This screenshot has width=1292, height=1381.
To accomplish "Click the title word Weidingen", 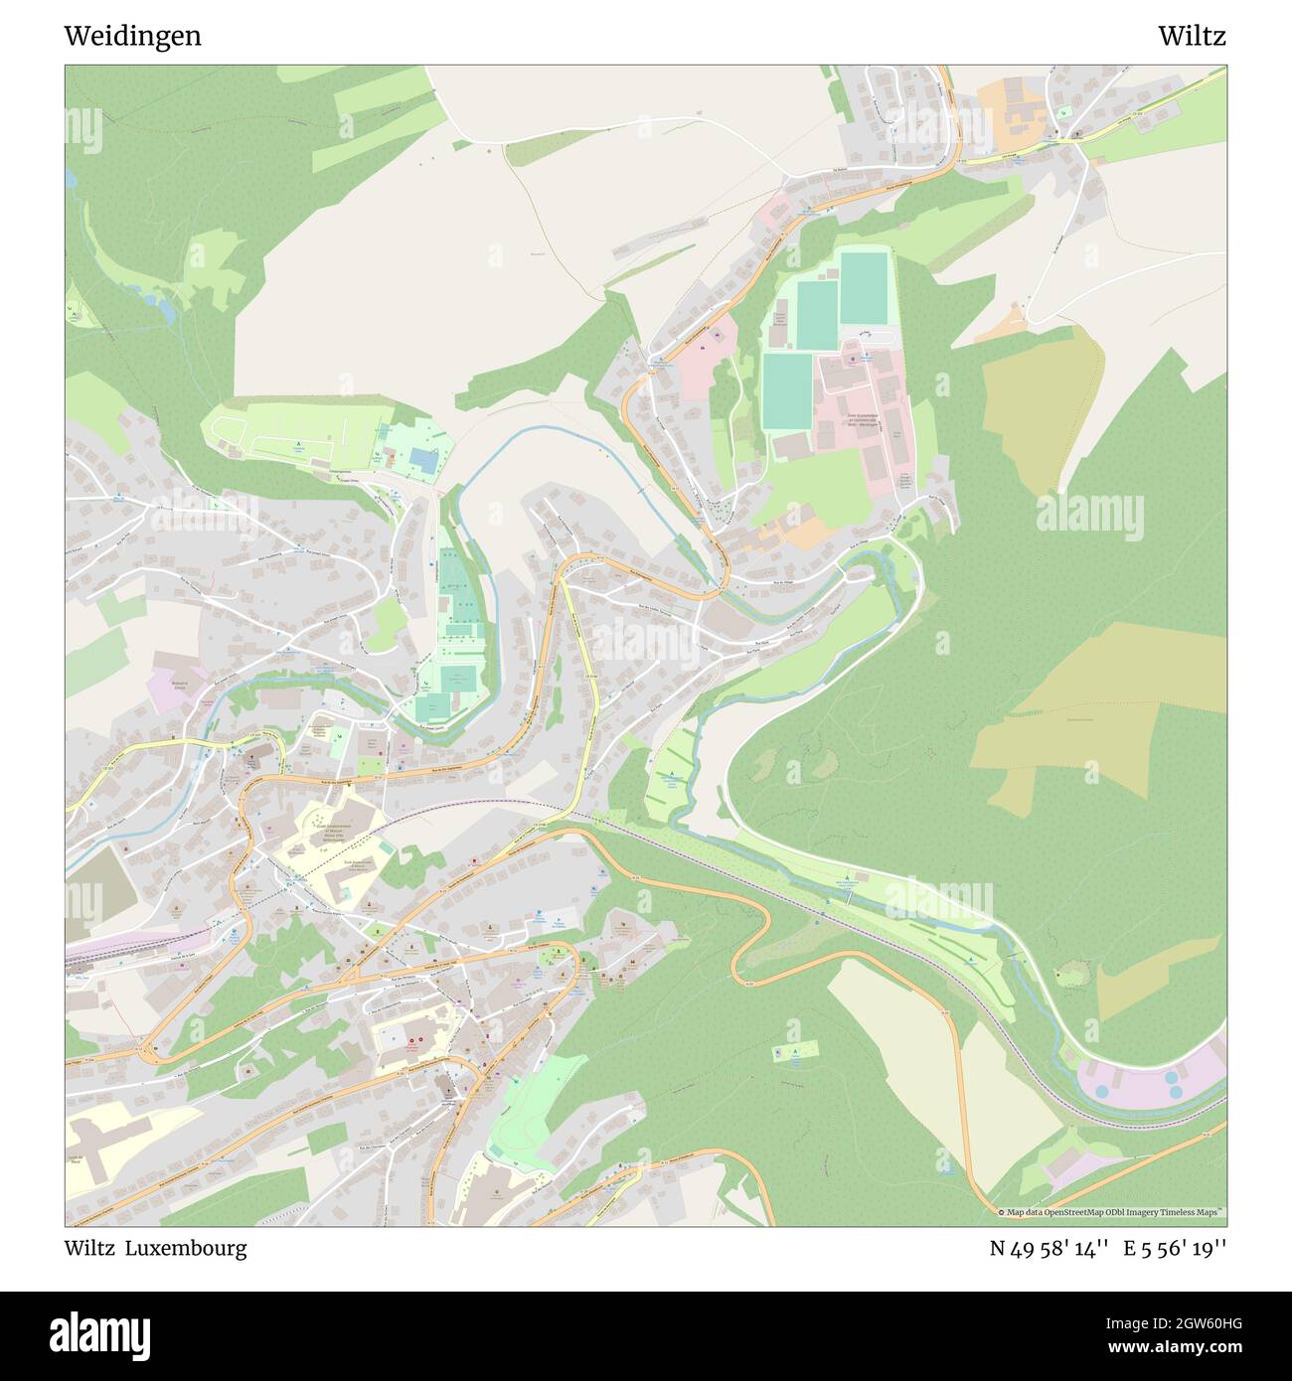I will (132, 36).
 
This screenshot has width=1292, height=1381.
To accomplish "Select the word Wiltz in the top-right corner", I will (1191, 36).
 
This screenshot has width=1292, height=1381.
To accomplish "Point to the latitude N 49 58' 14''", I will (1049, 1248).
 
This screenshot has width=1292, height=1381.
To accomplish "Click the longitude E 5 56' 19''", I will (1175, 1248).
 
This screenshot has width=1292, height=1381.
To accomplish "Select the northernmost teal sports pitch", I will (863, 288).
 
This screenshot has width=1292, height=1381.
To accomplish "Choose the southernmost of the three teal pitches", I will (787, 392).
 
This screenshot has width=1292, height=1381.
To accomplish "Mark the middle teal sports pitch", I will (817, 316).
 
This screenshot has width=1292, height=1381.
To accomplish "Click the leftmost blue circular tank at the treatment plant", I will (1101, 1091).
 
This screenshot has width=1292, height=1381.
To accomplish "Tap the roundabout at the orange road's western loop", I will (151, 1054).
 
